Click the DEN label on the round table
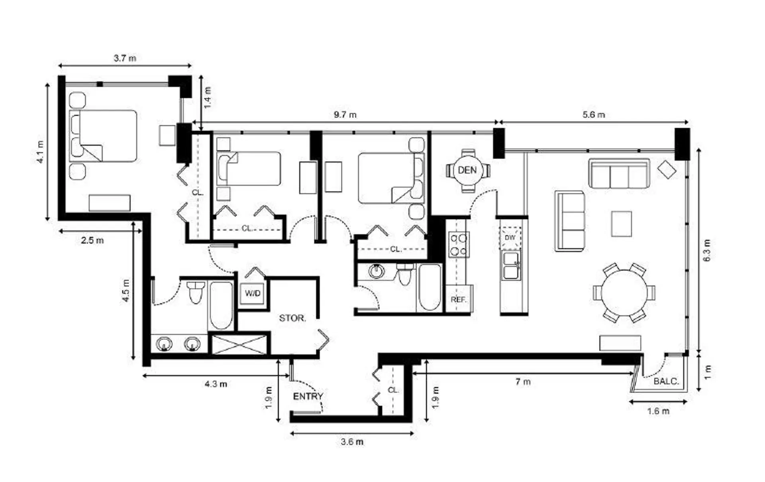[467, 170]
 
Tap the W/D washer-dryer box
[252, 294]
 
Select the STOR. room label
[292, 318]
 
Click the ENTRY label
[308, 396]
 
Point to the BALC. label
[666, 382]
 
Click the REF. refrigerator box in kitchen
[459, 299]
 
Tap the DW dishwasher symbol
[510, 238]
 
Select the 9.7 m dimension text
[345, 115]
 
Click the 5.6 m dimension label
[594, 115]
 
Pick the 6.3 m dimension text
[707, 250]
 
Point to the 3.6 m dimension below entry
[352, 442]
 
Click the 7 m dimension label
[523, 382]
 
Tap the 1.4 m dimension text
[208, 98]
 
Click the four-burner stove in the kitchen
[458, 245]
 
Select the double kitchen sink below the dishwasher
[511, 266]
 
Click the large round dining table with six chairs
[624, 293]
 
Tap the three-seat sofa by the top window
[619, 174]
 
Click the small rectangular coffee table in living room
[621, 224]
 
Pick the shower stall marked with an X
[239, 344]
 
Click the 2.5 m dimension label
[92, 240]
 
